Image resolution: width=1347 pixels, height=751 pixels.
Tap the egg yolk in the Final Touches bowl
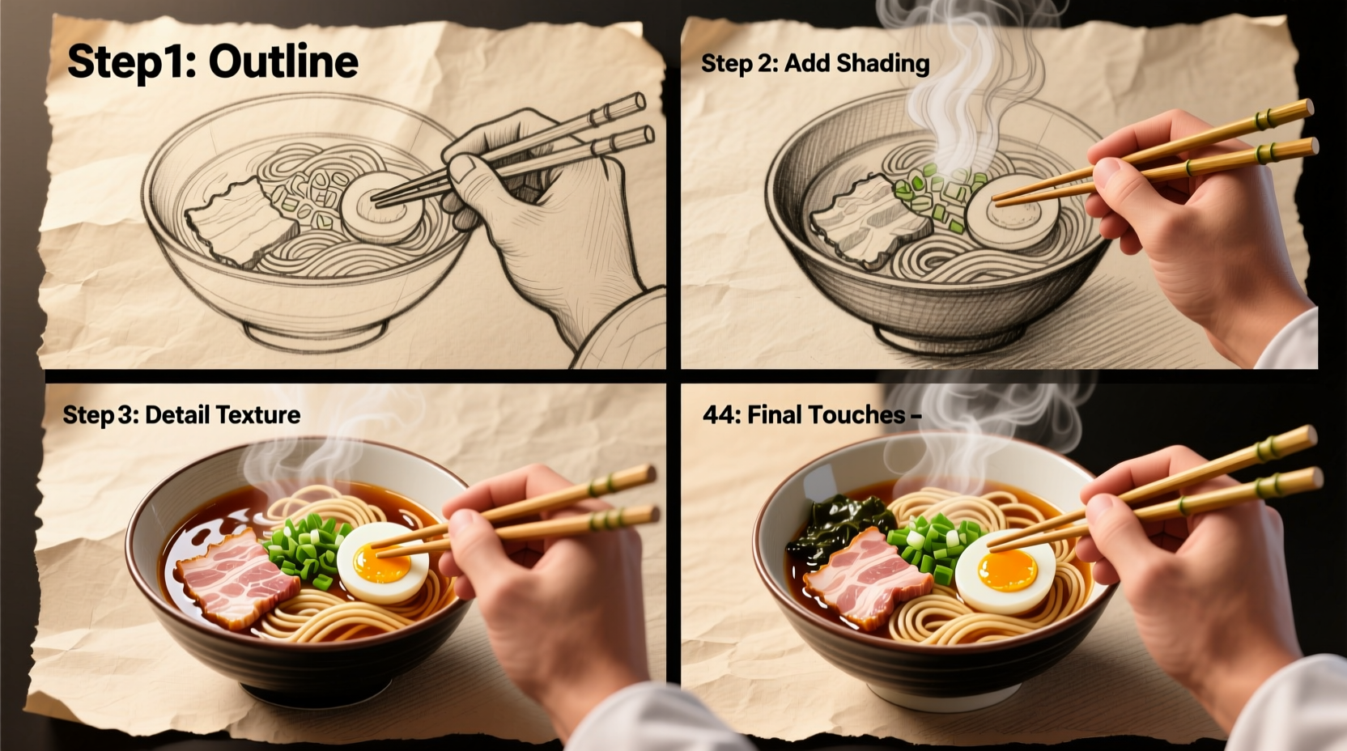1008,571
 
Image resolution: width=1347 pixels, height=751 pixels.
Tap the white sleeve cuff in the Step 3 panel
640,720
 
